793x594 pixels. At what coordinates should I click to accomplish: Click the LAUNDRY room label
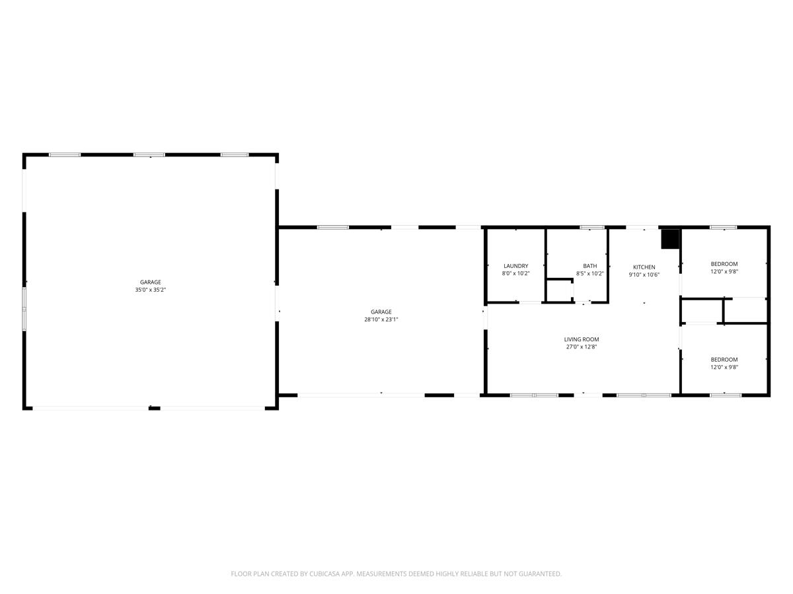pyautogui.click(x=515, y=266)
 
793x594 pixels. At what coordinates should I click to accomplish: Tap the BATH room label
pyautogui.click(x=589, y=266)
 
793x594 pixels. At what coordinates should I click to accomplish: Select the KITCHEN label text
pyautogui.click(x=644, y=267)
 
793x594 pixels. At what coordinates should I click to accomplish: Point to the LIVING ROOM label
pyautogui.click(x=582, y=339)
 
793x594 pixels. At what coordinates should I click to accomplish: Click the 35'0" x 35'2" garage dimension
pyautogui.click(x=150, y=290)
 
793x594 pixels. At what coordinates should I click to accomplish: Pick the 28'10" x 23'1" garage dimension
pyautogui.click(x=381, y=319)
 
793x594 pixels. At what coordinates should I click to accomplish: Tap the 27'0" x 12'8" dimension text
pyautogui.click(x=582, y=346)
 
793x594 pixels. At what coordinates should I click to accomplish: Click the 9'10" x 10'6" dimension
pyautogui.click(x=644, y=275)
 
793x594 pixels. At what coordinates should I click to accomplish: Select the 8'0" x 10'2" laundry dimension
pyautogui.click(x=515, y=273)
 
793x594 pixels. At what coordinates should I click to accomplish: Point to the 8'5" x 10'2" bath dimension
pyautogui.click(x=589, y=273)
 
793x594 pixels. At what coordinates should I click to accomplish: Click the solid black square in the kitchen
pyautogui.click(x=670, y=239)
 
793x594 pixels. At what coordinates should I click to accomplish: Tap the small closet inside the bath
pyautogui.click(x=559, y=290)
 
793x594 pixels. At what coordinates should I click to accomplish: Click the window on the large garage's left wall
pyautogui.click(x=24, y=309)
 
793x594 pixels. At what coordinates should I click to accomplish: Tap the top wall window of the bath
pyautogui.click(x=591, y=227)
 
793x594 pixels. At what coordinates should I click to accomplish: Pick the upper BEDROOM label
pyautogui.click(x=724, y=263)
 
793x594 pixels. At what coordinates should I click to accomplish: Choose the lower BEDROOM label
pyautogui.click(x=724, y=359)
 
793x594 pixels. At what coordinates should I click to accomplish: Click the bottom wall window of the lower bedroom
pyautogui.click(x=726, y=395)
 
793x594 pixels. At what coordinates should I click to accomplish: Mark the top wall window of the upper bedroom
pyautogui.click(x=723, y=227)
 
